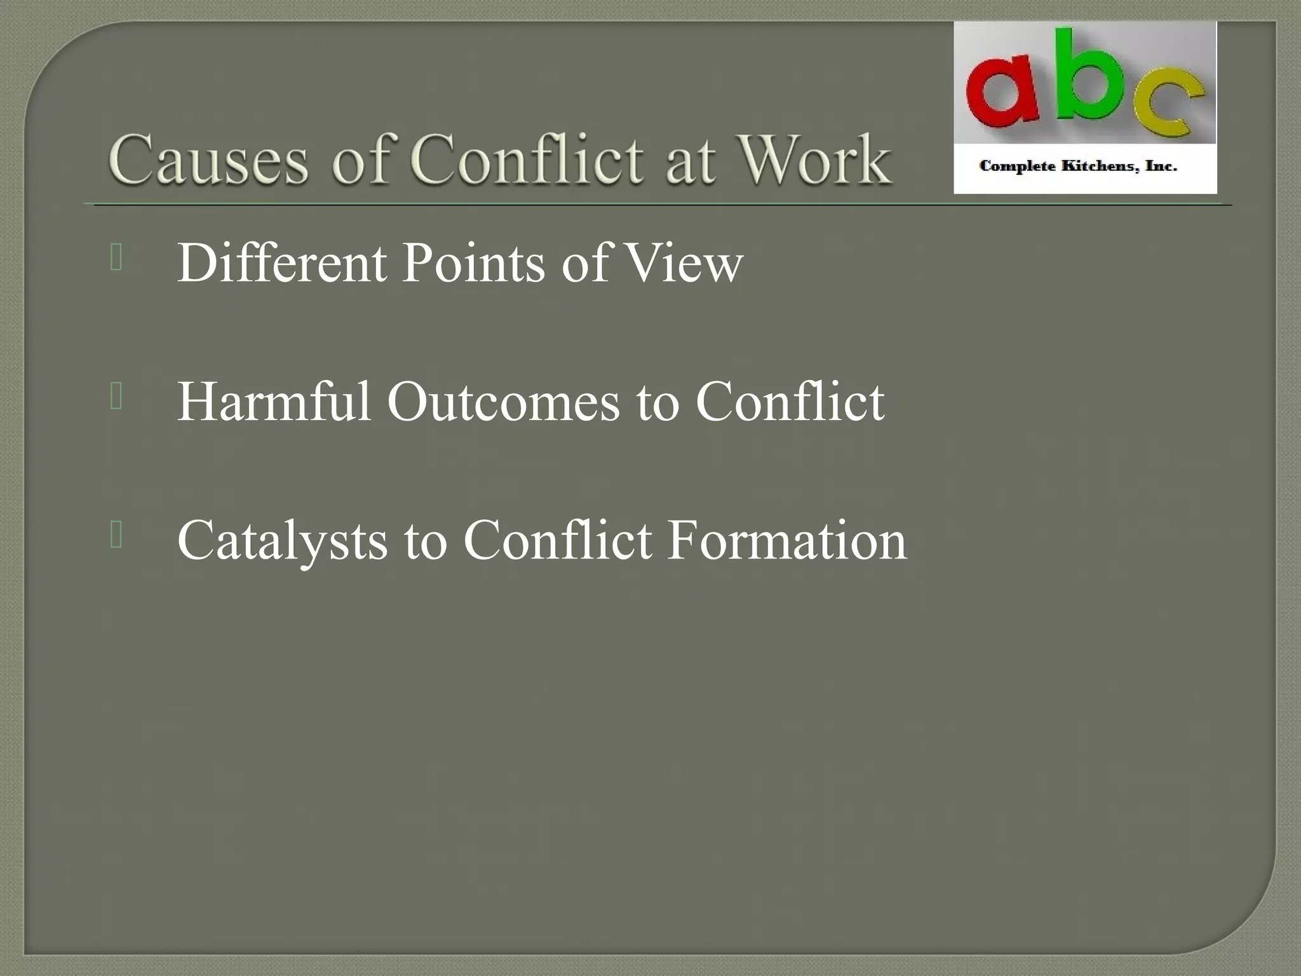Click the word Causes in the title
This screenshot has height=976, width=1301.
click(208, 160)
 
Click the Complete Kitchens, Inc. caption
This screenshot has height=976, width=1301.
click(1078, 166)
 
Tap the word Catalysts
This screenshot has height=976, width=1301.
click(281, 541)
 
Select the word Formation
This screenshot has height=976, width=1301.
click(786, 540)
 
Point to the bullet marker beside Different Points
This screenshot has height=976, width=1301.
click(116, 258)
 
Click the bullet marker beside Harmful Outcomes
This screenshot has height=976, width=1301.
click(116, 397)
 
